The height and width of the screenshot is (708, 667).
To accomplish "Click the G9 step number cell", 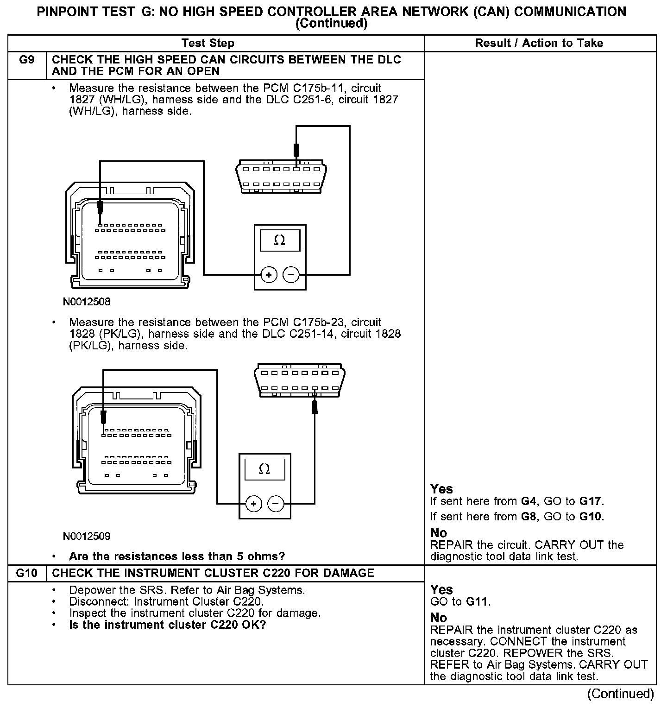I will point(27,60).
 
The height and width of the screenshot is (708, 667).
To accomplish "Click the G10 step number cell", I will point(27,573).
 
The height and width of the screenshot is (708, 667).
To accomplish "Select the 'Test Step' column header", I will point(208,43).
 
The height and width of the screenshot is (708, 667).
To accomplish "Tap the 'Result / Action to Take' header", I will point(539,43).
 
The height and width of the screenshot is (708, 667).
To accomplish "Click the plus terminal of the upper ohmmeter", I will point(269,275).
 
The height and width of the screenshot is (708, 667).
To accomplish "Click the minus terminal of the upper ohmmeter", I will point(291,275).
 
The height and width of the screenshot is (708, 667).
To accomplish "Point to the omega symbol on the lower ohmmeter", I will point(264,469).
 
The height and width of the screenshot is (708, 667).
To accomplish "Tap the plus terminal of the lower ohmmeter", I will point(253,504).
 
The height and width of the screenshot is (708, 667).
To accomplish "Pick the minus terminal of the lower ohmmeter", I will point(276,504).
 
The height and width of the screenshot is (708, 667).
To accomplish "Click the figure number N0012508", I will point(87,302).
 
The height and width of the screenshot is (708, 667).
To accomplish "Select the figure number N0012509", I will point(87,537).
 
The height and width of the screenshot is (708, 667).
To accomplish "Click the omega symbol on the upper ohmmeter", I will point(280,240).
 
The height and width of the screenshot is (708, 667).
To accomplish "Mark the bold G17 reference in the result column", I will point(591,501).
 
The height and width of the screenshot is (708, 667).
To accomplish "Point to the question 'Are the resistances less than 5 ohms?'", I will point(176,556).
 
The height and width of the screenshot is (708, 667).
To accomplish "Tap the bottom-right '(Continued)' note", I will point(620,694).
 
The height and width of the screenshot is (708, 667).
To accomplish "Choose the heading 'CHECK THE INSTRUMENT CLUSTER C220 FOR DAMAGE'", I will point(213,573).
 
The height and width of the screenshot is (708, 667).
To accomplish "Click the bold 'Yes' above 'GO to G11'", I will point(441,589).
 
